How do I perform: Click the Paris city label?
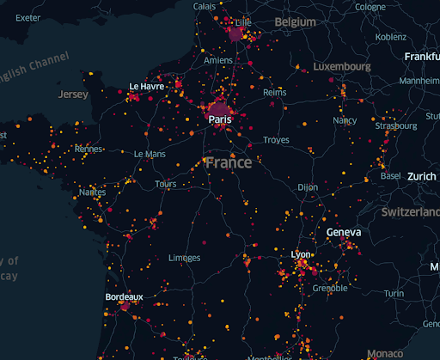click(219, 120)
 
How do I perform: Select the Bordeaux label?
click(124, 296)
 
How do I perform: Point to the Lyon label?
click(301, 255)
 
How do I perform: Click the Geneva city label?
click(344, 232)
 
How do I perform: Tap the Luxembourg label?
click(342, 66)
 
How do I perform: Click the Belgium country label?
click(296, 21)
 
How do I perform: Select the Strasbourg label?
click(396, 126)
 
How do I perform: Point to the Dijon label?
click(307, 186)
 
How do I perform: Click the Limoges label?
click(185, 258)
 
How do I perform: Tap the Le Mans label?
click(150, 154)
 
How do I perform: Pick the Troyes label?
click(276, 139)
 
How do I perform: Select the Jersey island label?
click(73, 95)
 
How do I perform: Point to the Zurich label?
click(422, 176)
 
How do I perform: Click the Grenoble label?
click(330, 289)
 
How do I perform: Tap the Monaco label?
click(383, 353)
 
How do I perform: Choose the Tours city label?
click(166, 184)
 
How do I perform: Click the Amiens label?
click(218, 61)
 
